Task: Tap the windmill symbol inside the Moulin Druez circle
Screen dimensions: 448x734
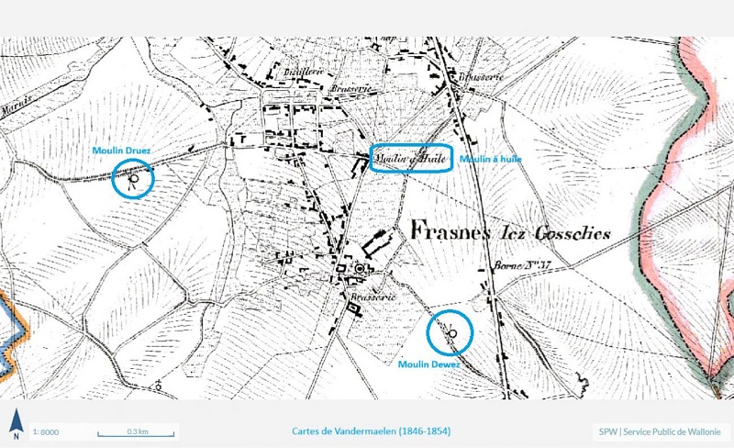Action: click(x=134, y=179)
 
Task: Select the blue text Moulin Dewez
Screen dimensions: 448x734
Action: click(x=429, y=364)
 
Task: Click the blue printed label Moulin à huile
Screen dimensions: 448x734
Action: click(x=491, y=160)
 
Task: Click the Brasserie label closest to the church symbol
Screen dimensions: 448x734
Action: click(x=371, y=297)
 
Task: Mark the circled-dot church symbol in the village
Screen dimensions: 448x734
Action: click(x=361, y=269)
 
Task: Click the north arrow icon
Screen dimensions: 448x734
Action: click(x=16, y=424)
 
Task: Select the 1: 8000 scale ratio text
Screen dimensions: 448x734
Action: click(x=46, y=431)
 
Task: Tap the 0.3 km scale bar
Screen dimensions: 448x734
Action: click(x=137, y=431)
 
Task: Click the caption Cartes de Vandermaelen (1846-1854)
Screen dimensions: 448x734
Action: click(x=371, y=431)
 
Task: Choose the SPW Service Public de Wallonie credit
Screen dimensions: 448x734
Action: click(x=661, y=431)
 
